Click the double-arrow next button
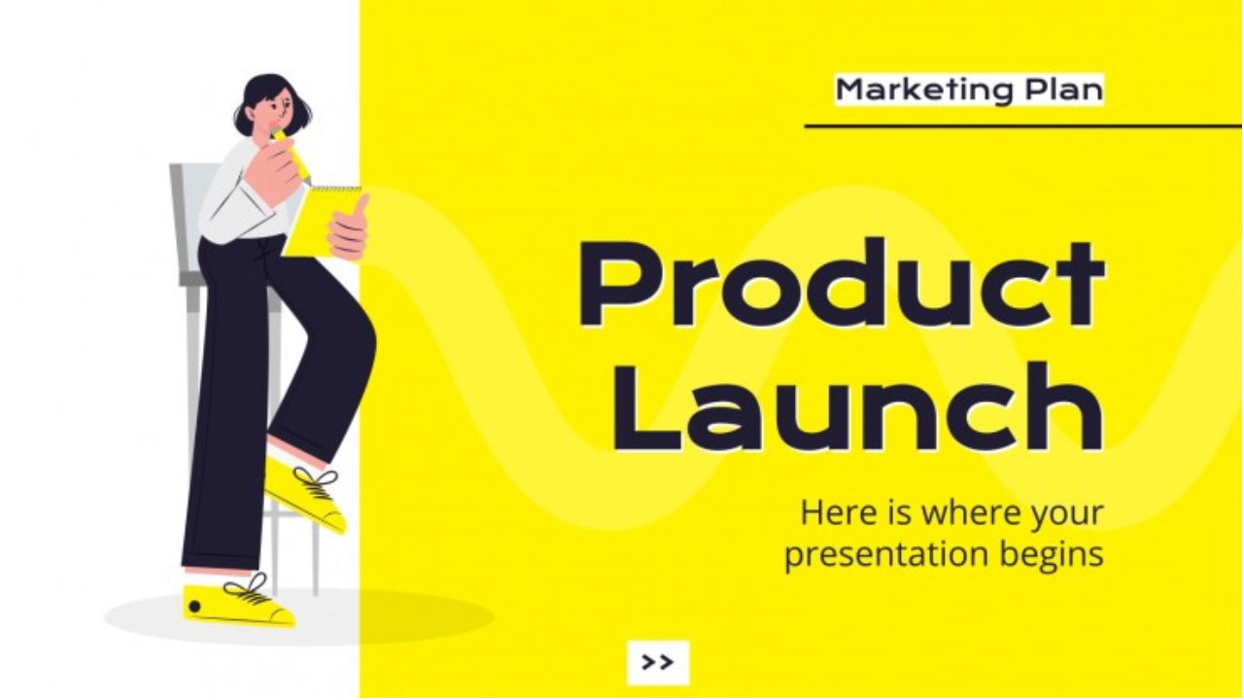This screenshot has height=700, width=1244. pyautogui.click(x=658, y=662)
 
